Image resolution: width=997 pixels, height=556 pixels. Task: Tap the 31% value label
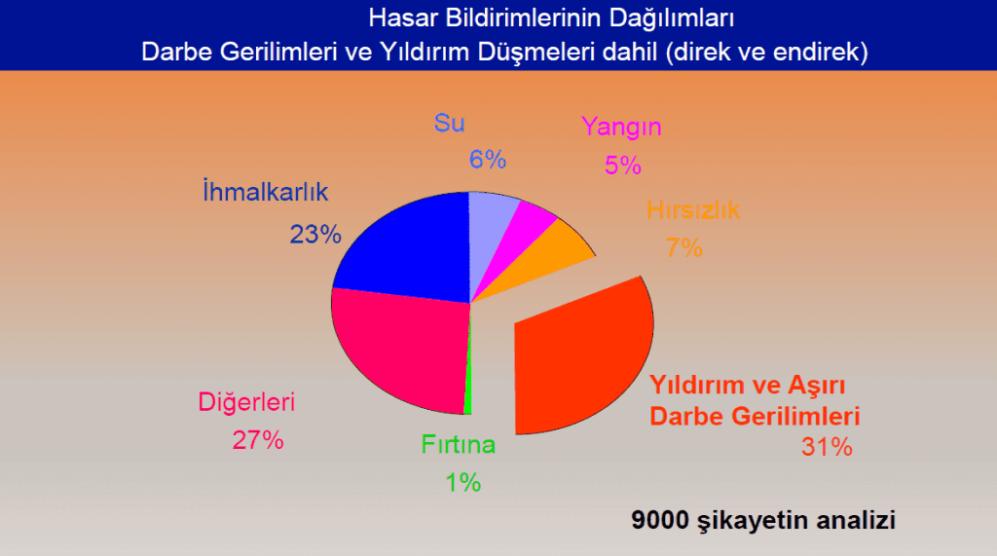pyautogui.click(x=828, y=448)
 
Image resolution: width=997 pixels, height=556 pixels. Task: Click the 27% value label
pyautogui.click(x=258, y=440)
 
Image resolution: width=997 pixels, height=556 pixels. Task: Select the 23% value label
pyautogui.click(x=315, y=234)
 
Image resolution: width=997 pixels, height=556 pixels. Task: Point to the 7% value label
pyautogui.click(x=684, y=248)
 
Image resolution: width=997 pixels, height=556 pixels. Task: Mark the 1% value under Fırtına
pyautogui.click(x=463, y=482)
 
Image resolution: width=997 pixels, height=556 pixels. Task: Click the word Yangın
pyautogui.click(x=621, y=127)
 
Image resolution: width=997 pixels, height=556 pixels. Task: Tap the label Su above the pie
pyautogui.click(x=450, y=123)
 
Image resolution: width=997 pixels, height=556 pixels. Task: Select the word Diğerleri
pyautogui.click(x=246, y=401)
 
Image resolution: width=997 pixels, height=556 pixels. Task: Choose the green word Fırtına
pyautogui.click(x=459, y=445)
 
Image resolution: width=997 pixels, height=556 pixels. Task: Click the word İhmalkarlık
pyautogui.click(x=265, y=192)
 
